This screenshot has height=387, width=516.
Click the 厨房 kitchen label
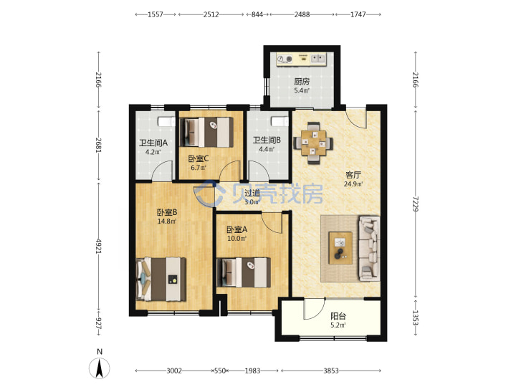[302, 81]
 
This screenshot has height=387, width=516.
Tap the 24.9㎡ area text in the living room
[353, 184]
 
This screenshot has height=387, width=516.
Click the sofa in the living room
[369, 249]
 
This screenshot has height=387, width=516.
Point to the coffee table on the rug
[340, 247]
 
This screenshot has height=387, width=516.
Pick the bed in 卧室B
[161, 279]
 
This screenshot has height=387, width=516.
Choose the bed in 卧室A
[244, 272]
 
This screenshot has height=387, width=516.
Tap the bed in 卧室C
[206, 133]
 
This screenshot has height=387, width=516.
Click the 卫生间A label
[153, 143]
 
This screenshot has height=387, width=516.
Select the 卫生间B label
[267, 140]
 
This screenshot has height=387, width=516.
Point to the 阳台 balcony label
[338, 316]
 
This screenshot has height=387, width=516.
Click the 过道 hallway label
[252, 193]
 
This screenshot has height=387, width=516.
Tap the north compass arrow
[100, 368]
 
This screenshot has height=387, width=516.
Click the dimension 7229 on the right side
[416, 204]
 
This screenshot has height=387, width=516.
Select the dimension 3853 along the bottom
[330, 371]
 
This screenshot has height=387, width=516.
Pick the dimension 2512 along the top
[211, 14]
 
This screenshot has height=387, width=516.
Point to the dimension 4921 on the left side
[99, 246]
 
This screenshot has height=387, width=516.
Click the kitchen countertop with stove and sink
[301, 59]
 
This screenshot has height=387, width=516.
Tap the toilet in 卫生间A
[166, 121]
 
